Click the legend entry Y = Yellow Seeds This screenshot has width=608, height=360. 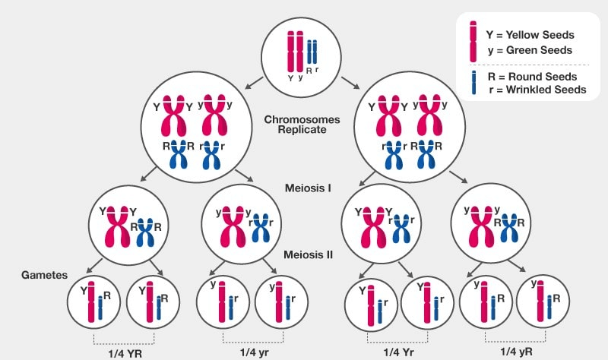tap(529, 35)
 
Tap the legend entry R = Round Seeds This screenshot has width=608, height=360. tap(530, 77)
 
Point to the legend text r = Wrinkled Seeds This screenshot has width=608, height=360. tap(535, 90)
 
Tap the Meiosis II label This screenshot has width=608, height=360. tap(306, 255)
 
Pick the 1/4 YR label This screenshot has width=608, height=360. tap(123, 352)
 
